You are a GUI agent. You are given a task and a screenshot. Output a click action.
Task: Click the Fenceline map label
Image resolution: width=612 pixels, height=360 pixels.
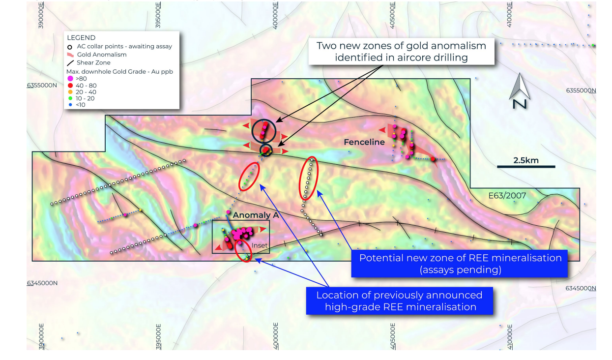click(x=364, y=142)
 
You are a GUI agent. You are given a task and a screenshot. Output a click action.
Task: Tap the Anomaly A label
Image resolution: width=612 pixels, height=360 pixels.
click(x=256, y=215)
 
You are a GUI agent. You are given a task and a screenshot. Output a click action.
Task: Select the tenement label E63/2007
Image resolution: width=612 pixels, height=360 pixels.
click(x=507, y=196)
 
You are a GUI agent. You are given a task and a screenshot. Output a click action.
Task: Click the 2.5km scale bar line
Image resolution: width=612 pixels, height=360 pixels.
click(x=526, y=166)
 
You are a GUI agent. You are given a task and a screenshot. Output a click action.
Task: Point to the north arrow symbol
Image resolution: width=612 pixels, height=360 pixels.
click(x=520, y=91)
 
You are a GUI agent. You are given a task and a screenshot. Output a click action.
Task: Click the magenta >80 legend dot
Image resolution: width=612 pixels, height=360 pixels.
click(x=70, y=79)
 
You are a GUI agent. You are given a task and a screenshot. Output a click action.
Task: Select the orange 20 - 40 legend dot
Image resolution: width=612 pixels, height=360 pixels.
click(x=70, y=92)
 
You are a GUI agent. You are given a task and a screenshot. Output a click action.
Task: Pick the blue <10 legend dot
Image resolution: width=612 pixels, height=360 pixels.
click(x=70, y=105)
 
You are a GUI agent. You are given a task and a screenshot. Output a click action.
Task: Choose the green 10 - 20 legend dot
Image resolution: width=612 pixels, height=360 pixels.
click(x=70, y=98)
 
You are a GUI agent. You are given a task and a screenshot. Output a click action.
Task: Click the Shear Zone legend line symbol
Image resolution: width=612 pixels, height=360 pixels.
click(x=70, y=63)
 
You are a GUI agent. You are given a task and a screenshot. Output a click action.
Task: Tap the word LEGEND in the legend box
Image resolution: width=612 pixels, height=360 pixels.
click(x=81, y=38)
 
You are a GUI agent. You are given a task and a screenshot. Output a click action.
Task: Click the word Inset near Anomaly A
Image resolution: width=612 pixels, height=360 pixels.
click(x=259, y=245)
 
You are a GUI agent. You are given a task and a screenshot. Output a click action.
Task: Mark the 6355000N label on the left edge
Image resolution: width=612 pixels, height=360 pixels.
click(x=42, y=85)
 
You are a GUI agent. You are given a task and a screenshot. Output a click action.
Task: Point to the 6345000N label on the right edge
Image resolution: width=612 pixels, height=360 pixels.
click(x=581, y=288)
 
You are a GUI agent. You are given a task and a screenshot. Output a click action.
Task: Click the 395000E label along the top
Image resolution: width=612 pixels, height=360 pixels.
click(x=158, y=15)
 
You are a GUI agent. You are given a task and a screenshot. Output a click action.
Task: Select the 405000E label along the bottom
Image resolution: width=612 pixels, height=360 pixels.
click(x=392, y=336)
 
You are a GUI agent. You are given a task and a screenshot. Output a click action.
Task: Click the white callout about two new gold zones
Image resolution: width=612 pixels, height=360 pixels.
click(x=401, y=51)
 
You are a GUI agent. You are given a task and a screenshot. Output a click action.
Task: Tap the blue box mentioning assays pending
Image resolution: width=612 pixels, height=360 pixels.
click(x=459, y=264)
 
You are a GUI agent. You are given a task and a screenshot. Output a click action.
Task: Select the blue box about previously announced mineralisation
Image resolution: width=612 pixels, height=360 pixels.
click(x=400, y=300)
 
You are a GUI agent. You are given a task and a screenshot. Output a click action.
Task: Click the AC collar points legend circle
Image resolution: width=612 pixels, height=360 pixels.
click(x=70, y=47)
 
